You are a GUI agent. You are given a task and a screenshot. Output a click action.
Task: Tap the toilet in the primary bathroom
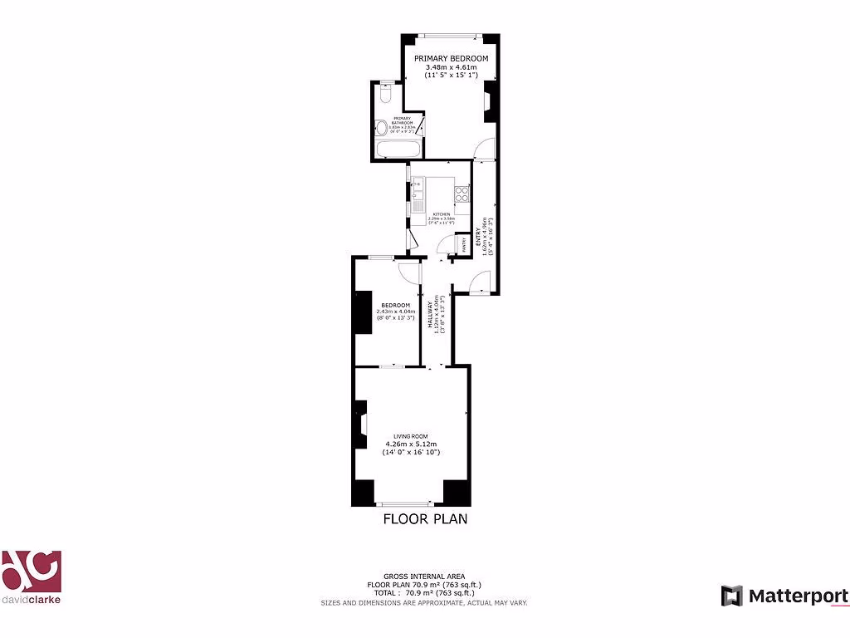(383, 95)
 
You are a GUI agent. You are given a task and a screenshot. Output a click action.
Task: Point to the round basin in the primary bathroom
(381, 128)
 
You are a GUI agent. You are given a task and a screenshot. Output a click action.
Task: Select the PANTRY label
(465, 243)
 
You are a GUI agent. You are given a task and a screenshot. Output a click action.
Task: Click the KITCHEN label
(440, 214)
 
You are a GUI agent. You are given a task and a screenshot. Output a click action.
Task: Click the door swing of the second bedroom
(408, 271)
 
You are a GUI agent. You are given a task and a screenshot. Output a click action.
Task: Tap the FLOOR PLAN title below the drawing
(425, 519)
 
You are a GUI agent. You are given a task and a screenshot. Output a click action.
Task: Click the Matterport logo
(784, 596)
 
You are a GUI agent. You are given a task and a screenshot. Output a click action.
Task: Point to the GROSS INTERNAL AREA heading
(424, 577)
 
